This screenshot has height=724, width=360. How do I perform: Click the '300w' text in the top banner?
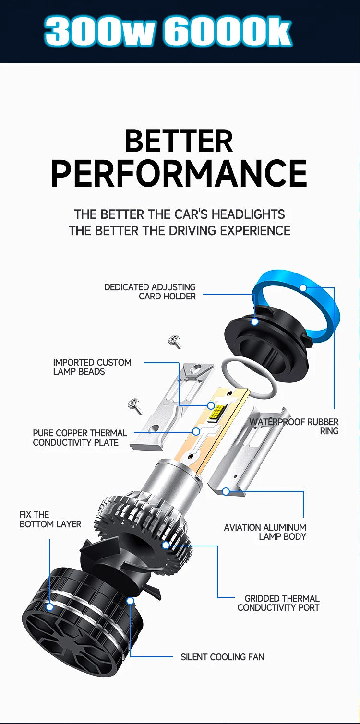tap(98, 32)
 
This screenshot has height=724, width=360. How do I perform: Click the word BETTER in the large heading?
tap(179, 141)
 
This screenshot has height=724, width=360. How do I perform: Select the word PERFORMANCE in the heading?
tap(179, 173)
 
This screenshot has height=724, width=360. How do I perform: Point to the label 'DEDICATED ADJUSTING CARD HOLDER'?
tap(150, 292)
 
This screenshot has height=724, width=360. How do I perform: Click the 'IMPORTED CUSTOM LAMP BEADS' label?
tap(92, 367)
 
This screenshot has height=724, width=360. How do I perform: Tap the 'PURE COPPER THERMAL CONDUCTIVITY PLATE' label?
tap(80, 438)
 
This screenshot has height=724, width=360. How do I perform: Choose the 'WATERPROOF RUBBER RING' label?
tap(294, 427)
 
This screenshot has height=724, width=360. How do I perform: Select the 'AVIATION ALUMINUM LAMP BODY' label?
tap(265, 532)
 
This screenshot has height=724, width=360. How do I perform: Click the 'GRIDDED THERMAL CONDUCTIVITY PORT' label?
tap(278, 603)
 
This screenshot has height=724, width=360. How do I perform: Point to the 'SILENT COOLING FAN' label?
tap(223, 657)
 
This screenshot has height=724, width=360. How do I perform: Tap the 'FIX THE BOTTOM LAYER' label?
tap(50, 520)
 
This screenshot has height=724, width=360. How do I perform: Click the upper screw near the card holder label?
tap(175, 342)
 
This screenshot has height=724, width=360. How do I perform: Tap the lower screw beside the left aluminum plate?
tap(135, 406)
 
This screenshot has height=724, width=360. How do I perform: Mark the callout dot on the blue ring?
tap(303, 288)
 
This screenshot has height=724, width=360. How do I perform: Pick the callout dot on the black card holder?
tap(254, 321)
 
